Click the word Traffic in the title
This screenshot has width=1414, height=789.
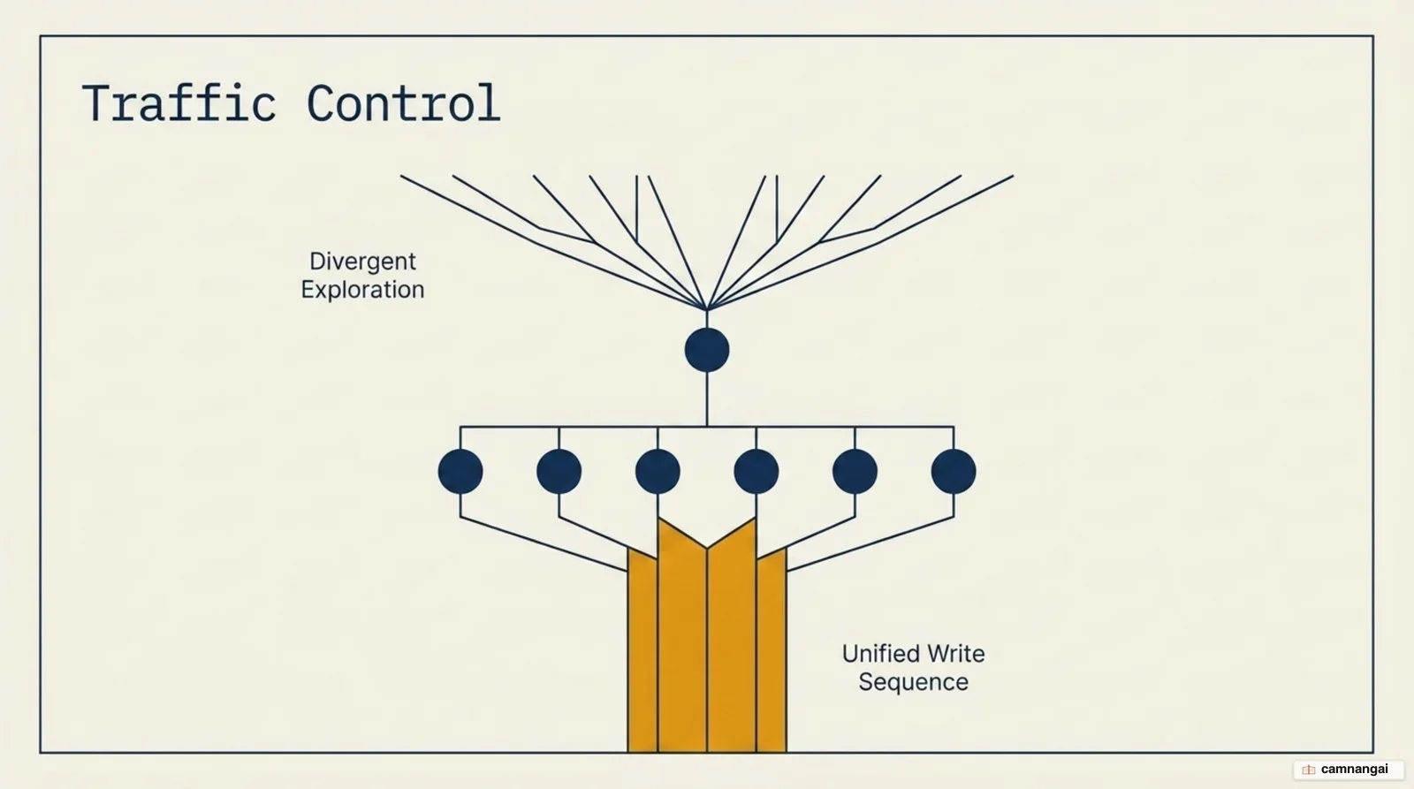point(179,102)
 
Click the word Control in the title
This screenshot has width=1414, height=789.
point(403,102)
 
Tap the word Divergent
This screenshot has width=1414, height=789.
point(362,262)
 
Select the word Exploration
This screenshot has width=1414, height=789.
point(362,290)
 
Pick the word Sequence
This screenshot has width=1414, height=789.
point(914,682)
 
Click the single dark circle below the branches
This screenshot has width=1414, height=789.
point(707,350)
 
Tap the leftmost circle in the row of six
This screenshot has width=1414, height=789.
point(460,472)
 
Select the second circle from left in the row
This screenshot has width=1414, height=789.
point(559,472)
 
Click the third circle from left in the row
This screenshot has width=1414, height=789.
point(658,472)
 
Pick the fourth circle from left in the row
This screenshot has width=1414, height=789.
point(756,472)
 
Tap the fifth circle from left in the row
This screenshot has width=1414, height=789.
point(855,472)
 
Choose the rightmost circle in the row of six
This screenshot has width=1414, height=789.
point(954,472)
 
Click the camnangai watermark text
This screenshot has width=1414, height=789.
point(1354,770)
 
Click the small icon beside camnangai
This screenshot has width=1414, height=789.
point(1309,770)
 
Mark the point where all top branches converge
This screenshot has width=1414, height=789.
point(707,309)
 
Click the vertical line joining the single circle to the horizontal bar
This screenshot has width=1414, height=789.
point(707,399)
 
